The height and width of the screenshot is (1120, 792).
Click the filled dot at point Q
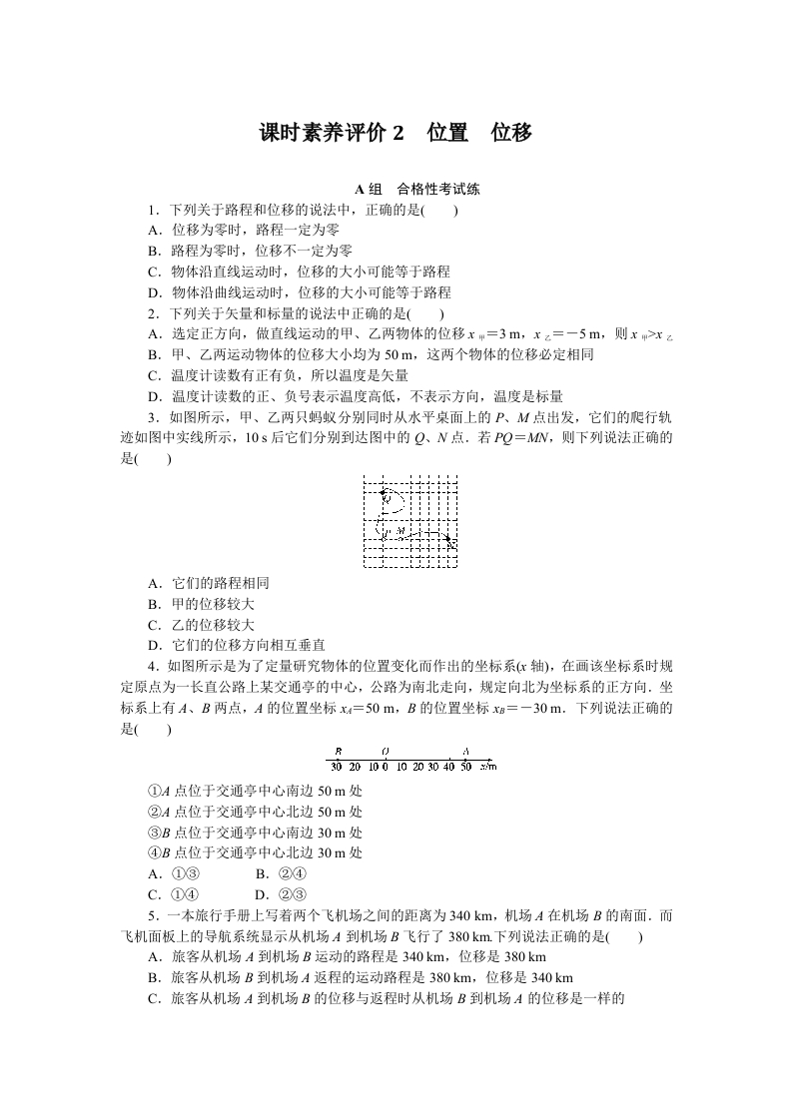tap(384, 491)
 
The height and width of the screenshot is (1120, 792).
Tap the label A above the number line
tap(465, 751)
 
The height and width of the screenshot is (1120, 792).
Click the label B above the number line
tap(339, 751)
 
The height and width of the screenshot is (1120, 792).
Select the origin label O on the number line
tap(386, 751)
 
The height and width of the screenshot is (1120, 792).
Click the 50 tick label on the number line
tap(465, 767)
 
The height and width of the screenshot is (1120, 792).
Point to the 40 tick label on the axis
tap(449, 767)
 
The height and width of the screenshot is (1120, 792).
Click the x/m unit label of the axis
tap(487, 767)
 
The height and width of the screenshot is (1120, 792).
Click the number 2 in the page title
tap(398, 133)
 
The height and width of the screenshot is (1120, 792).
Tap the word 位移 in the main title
tap(511, 133)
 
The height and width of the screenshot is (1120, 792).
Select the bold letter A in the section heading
tap(361, 189)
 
